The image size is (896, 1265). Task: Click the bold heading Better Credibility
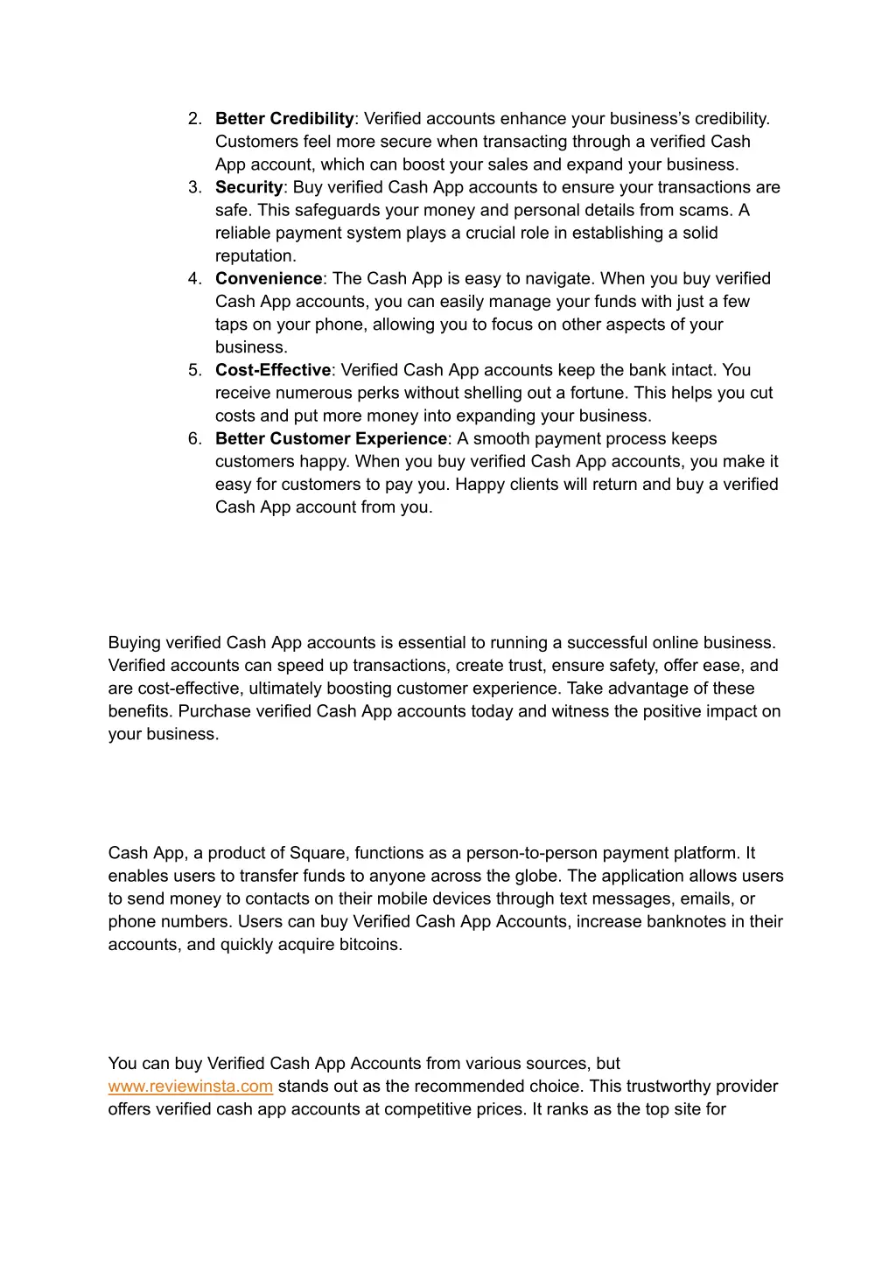(x=284, y=119)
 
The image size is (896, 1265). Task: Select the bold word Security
(x=248, y=187)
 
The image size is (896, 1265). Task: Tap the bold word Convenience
(x=269, y=279)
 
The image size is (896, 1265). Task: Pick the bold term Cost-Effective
(x=273, y=370)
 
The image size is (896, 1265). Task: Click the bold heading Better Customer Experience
(x=331, y=439)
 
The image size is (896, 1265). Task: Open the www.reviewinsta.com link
(x=191, y=1087)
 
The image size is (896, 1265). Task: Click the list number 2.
(x=195, y=119)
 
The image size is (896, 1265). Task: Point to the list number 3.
(x=195, y=187)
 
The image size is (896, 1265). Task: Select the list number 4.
(x=195, y=279)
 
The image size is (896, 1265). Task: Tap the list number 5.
(x=195, y=370)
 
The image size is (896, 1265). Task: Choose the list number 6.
(x=195, y=439)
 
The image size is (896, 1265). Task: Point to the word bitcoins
(x=370, y=945)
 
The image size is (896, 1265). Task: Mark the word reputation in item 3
(x=255, y=256)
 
